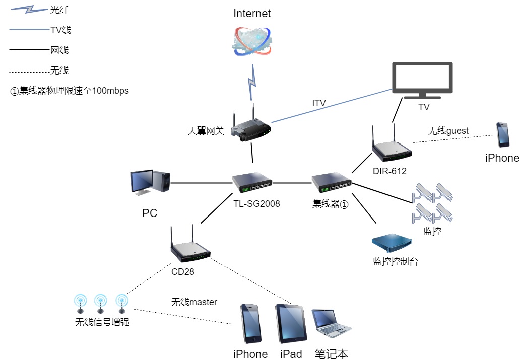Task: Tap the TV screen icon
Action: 423,81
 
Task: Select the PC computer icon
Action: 151,182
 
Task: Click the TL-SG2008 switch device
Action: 252,182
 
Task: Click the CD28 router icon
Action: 190,249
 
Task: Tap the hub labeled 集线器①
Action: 331,182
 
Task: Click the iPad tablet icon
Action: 291,324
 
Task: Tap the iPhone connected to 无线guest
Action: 502,134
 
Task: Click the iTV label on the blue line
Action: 319,103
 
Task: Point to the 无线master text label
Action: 194,302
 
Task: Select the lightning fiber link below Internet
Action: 250,82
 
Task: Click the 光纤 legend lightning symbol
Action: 29,10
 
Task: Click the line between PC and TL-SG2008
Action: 202,182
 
